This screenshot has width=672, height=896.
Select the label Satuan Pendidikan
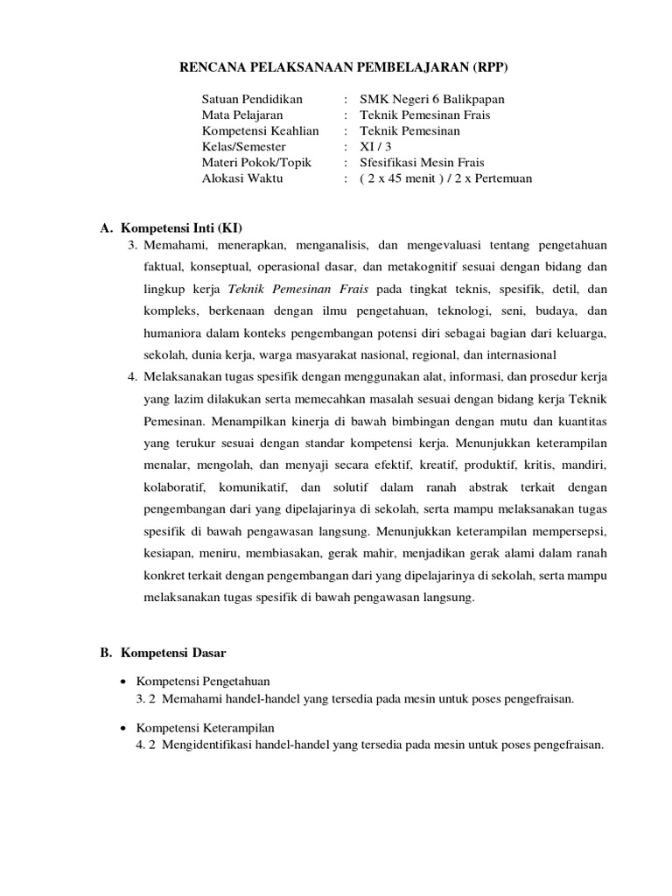click(x=252, y=100)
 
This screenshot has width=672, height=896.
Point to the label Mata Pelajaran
click(x=242, y=115)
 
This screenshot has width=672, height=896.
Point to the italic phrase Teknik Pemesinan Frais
click(x=298, y=289)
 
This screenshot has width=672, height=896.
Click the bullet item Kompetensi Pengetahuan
click(x=203, y=681)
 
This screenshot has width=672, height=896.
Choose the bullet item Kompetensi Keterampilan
click(x=206, y=728)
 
